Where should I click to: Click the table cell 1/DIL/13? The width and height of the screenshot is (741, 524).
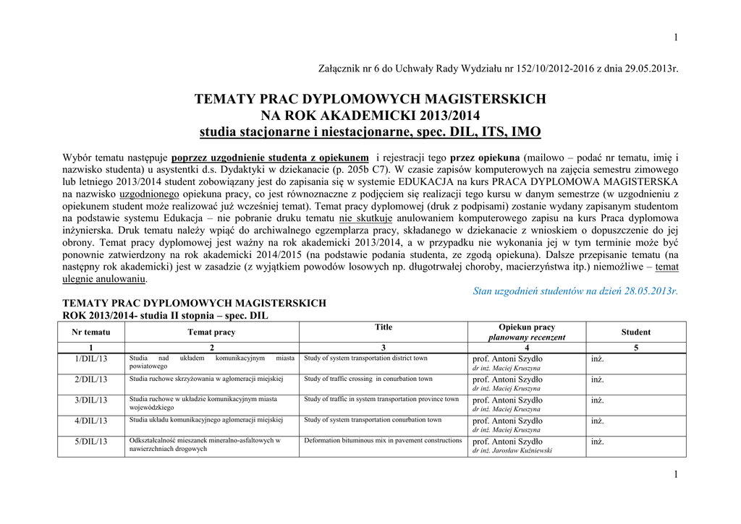pyautogui.click(x=91, y=358)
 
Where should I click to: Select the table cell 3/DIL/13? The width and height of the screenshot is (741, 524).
pyautogui.click(x=91, y=400)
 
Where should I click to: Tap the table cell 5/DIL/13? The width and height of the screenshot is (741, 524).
pyautogui.click(x=91, y=442)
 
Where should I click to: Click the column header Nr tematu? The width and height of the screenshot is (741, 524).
pyautogui.click(x=91, y=332)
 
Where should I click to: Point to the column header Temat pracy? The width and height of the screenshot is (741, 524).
pyautogui.click(x=211, y=332)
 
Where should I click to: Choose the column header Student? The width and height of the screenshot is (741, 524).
pyautogui.click(x=635, y=332)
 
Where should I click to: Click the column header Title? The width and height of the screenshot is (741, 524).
pyautogui.click(x=384, y=327)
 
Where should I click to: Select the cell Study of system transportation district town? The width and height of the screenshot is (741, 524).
pyautogui.click(x=365, y=358)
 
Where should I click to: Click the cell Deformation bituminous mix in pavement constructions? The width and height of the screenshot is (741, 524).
pyautogui.click(x=383, y=441)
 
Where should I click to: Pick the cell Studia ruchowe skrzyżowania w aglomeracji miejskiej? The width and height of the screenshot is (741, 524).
pyautogui.click(x=206, y=379)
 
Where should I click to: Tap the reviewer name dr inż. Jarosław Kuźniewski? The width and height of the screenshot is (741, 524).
pyautogui.click(x=512, y=450)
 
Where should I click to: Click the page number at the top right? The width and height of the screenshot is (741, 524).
pyautogui.click(x=675, y=38)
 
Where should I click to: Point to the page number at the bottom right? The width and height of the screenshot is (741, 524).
pyautogui.click(x=675, y=474)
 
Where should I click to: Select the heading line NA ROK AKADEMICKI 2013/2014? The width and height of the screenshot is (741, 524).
pyautogui.click(x=370, y=116)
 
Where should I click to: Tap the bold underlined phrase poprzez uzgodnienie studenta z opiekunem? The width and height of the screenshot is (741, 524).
pyautogui.click(x=271, y=157)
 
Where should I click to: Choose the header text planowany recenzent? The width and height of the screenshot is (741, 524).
pyautogui.click(x=527, y=338)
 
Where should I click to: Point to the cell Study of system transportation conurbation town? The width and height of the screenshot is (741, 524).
pyautogui.click(x=373, y=420)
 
